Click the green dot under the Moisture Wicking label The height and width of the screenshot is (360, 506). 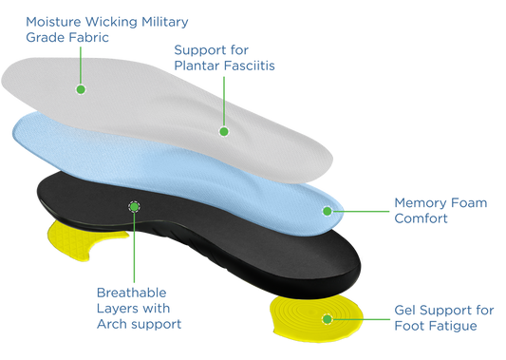coord(81,89)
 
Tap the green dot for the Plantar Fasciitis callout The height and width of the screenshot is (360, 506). coord(224,131)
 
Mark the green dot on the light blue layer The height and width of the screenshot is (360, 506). coord(328,210)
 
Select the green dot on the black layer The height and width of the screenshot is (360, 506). coord(134,205)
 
